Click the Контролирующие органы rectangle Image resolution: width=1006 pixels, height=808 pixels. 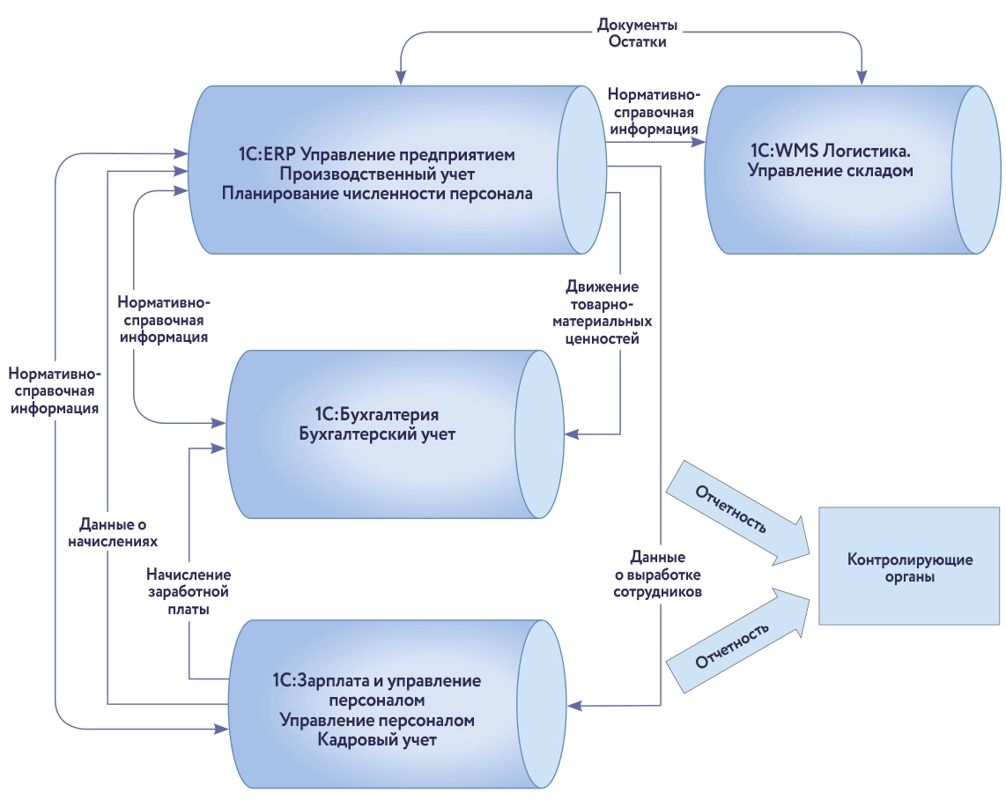coord(908,567)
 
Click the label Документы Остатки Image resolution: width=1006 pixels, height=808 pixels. coord(636,33)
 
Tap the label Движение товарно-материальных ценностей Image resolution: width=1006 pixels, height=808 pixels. coord(603,313)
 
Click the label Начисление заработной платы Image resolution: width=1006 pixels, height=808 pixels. coord(189,590)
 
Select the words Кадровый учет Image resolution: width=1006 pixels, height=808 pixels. coord(377,740)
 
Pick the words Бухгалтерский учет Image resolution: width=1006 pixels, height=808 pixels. coord(377,434)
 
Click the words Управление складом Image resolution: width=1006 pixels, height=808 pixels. coord(831,172)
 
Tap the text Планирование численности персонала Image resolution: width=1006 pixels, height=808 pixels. coord(377,193)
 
